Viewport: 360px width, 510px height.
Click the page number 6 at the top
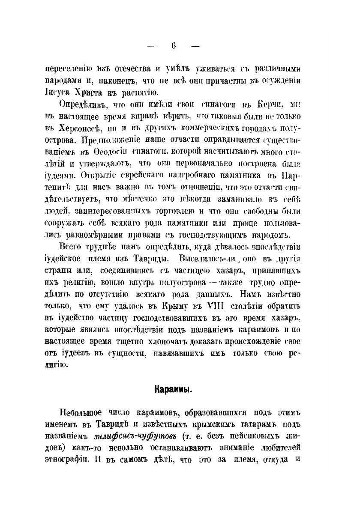pos(173,46)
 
